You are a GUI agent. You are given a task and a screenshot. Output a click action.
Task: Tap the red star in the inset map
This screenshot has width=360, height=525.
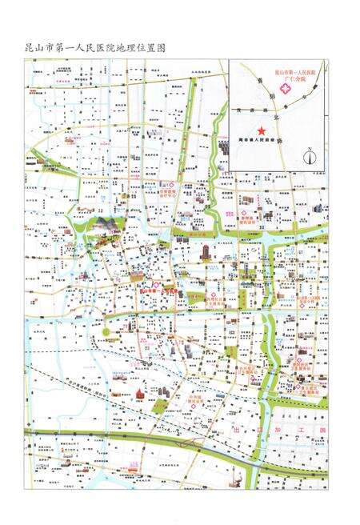(260, 130)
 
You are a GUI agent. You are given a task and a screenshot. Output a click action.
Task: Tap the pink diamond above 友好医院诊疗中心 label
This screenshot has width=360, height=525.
(183, 185)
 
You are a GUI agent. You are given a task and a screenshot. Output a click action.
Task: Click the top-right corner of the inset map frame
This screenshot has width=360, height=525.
(324, 60)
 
